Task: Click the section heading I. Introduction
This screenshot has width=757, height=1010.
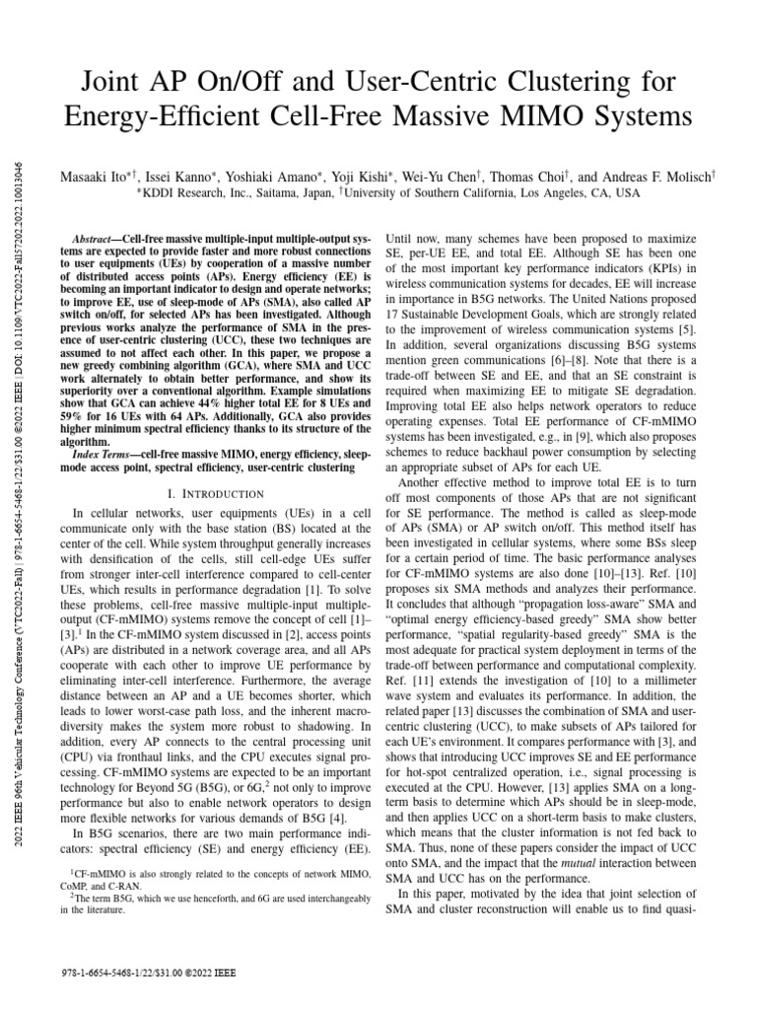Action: (214, 491)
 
